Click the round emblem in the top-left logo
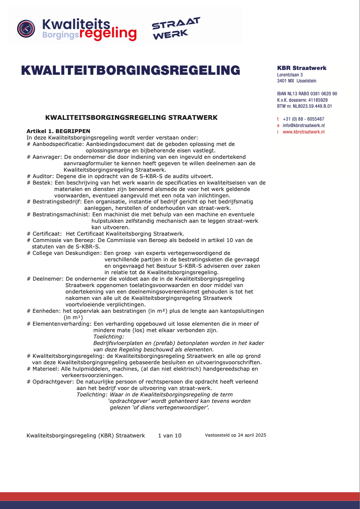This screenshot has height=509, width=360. click(26, 29)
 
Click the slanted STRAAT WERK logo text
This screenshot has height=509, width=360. click(176, 29)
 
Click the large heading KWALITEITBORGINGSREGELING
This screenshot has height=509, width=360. click(131, 70)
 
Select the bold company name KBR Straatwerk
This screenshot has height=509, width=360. click(302, 68)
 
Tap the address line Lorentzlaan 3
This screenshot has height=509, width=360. click(290, 75)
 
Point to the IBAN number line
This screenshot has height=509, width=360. click(307, 94)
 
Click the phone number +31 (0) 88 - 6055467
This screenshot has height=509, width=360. click(303, 119)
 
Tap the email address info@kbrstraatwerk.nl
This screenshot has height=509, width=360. click(303, 125)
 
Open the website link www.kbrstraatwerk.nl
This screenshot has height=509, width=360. click(303, 132)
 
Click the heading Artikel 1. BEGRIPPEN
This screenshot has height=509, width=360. click(59, 131)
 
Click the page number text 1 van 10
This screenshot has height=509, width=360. click(170, 435)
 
